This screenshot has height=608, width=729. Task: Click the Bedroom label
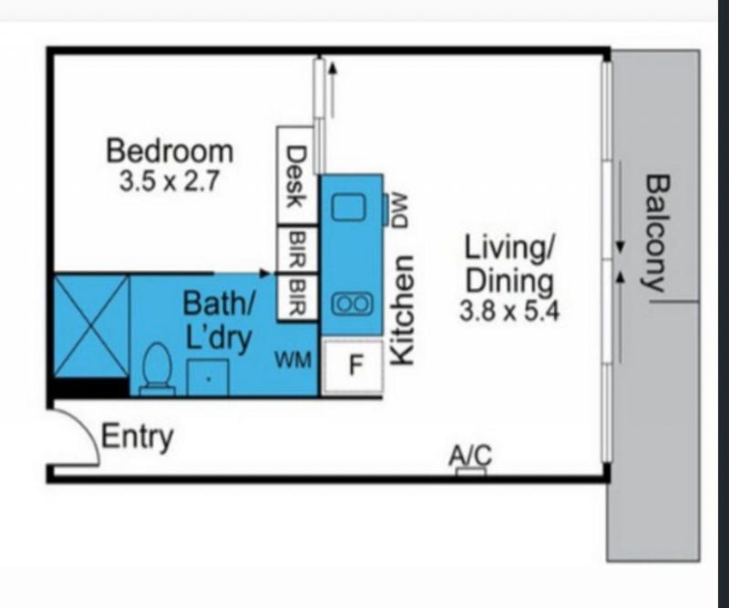169,150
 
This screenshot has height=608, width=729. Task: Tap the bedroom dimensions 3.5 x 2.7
169,181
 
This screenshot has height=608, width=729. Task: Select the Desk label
295,177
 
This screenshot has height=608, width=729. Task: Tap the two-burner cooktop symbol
352,304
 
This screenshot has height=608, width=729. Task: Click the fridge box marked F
353,366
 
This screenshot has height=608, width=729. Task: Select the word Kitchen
402,310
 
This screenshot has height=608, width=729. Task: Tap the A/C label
470,456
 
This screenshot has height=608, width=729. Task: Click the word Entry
138,438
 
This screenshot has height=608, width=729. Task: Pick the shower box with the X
90,325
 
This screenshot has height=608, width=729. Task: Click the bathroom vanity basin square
208,377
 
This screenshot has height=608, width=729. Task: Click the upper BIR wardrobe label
298,250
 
